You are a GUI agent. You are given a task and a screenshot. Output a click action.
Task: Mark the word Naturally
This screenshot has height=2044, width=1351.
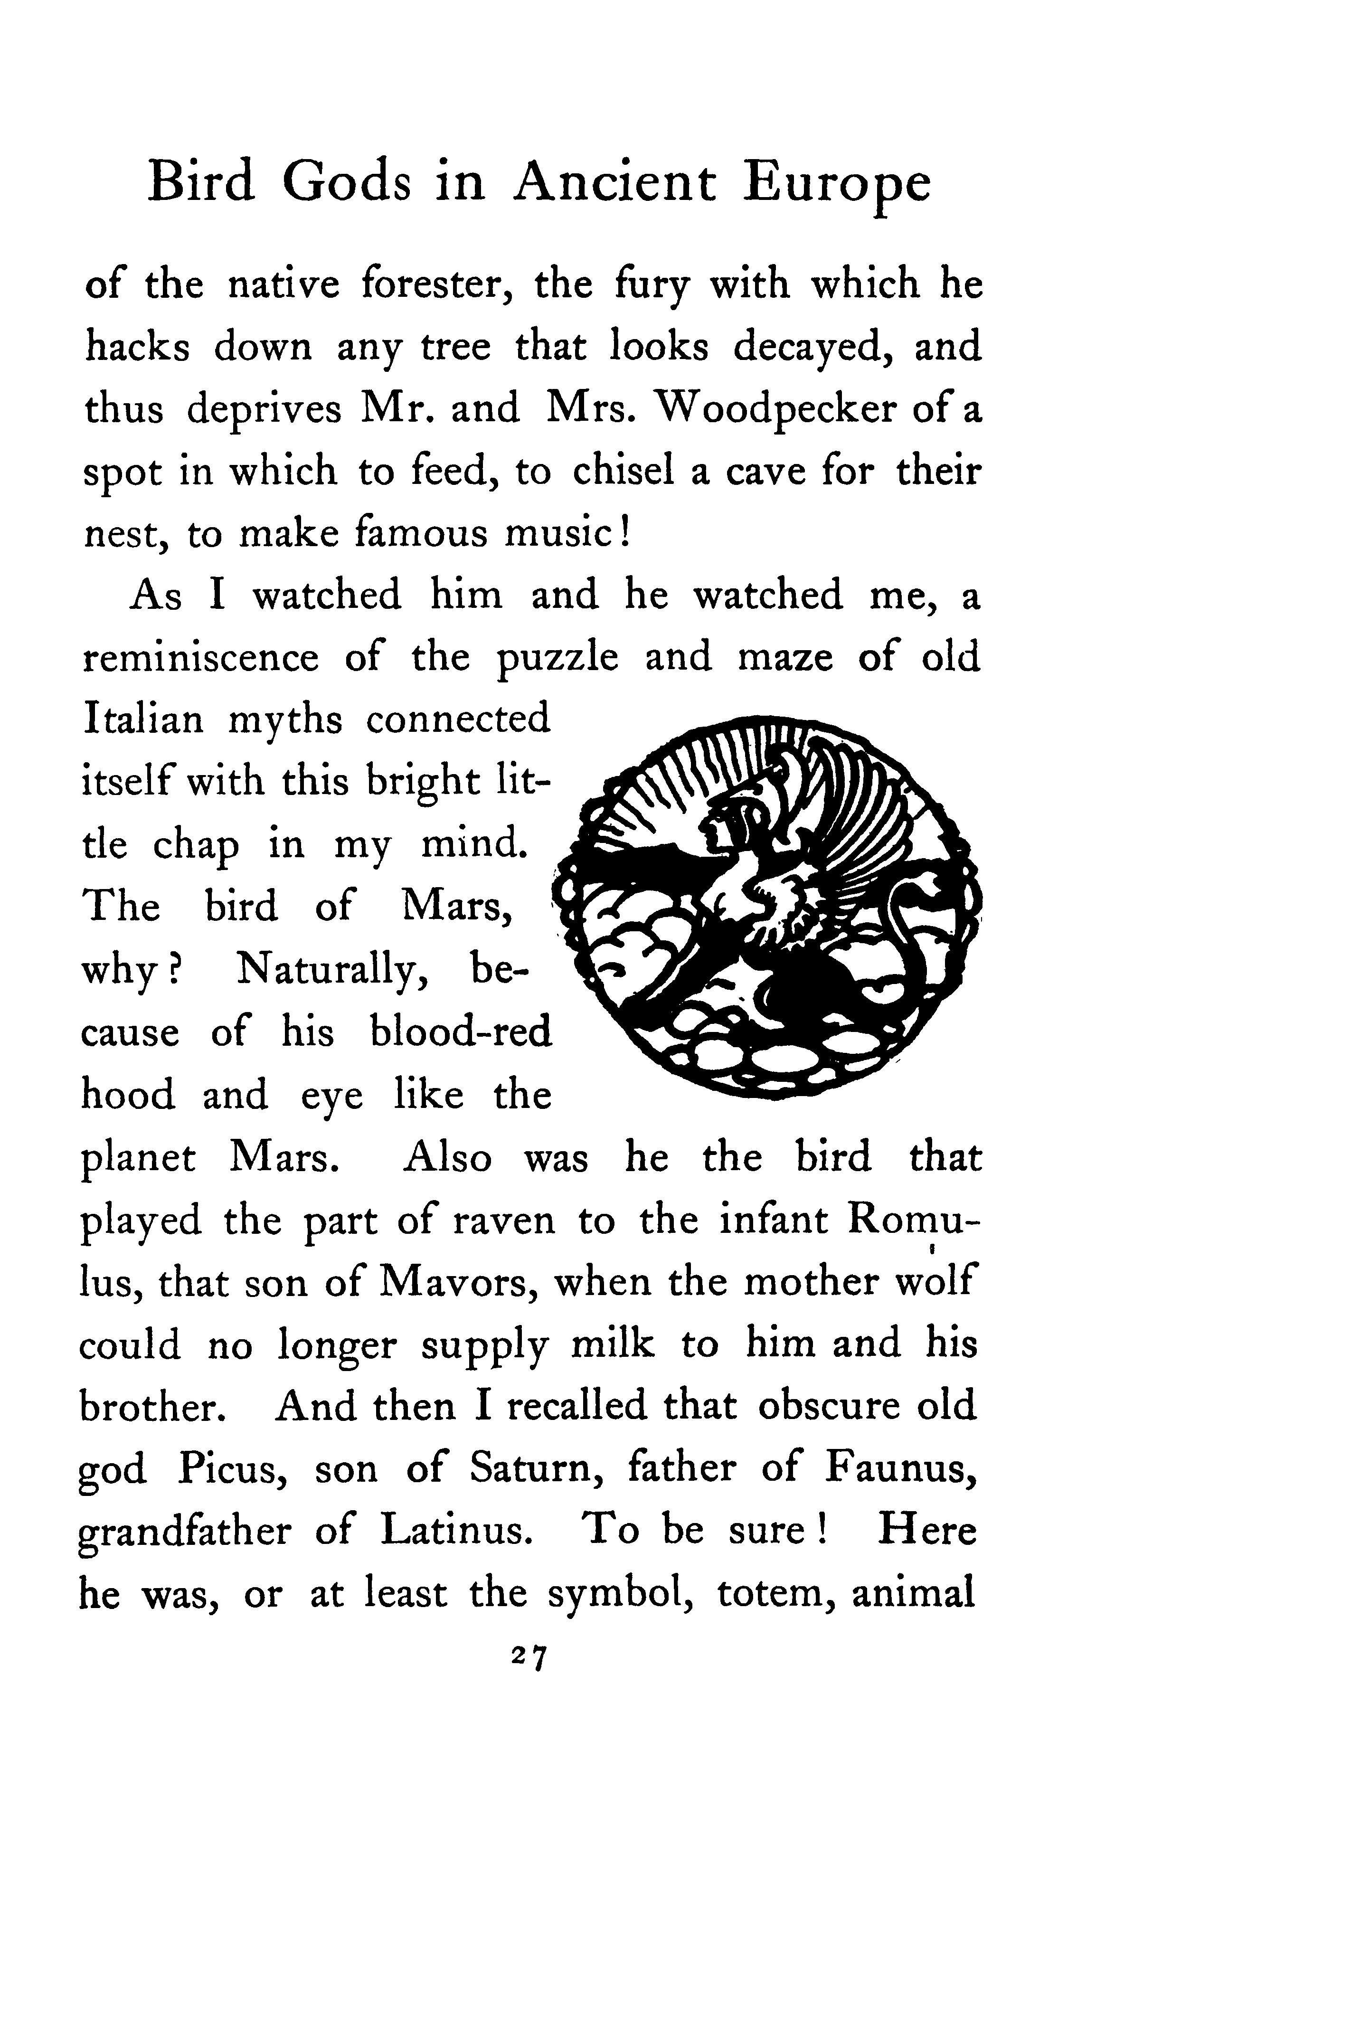pyautogui.click(x=345, y=970)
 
